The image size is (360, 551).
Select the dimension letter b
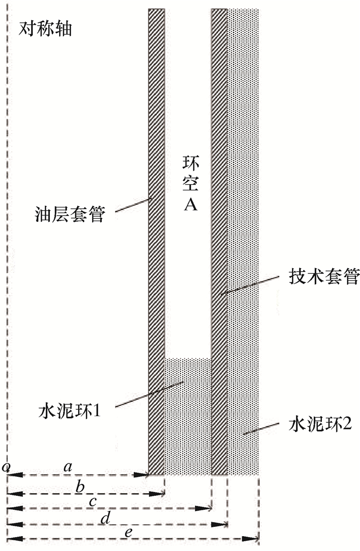tap(80, 486)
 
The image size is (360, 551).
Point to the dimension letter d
tap(105, 518)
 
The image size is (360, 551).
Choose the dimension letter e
tap(129, 532)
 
